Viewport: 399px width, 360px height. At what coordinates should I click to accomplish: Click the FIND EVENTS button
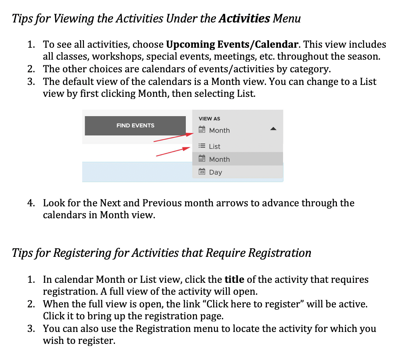tap(135, 126)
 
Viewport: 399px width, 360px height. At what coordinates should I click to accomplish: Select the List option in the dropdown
tap(215, 146)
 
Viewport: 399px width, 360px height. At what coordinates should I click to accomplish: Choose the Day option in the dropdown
tap(215, 172)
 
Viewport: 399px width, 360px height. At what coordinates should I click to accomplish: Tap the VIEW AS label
tap(209, 119)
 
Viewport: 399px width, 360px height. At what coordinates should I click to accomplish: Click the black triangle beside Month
tap(273, 129)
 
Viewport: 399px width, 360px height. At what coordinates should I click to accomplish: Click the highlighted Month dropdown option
tap(219, 159)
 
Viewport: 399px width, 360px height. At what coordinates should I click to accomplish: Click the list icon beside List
tap(202, 146)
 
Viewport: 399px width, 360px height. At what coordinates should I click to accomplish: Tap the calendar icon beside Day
tap(202, 172)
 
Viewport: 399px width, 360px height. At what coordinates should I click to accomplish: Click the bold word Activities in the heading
tap(244, 18)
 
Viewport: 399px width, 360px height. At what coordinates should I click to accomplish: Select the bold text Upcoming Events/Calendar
tap(232, 45)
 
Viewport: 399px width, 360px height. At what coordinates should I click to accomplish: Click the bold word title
tap(234, 280)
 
